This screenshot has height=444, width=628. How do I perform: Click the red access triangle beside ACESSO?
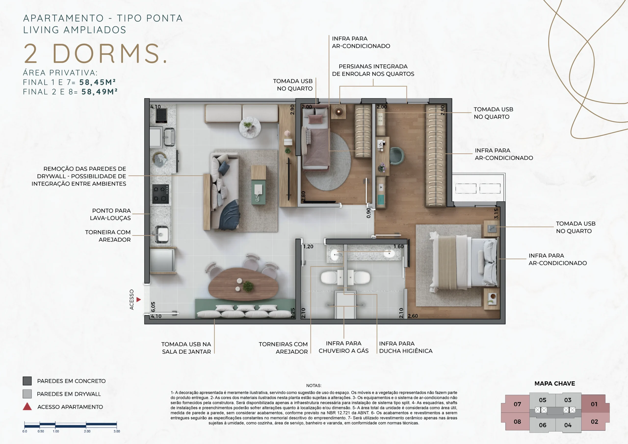point(139,300)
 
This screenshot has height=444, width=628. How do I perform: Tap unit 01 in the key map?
point(594,404)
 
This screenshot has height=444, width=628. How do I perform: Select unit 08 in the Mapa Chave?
point(517,422)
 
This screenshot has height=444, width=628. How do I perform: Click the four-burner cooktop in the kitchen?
point(160,194)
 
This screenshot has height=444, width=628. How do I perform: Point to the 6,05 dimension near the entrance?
point(153,307)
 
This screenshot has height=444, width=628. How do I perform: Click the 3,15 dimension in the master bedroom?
point(496,213)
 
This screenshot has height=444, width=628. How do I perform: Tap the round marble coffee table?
point(250,127)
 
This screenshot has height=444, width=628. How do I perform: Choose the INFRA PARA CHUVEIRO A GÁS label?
point(343,347)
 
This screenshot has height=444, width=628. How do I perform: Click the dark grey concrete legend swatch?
point(27,381)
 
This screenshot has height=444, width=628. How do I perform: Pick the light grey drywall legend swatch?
point(27,394)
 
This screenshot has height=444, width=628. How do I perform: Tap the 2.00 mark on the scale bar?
point(87,431)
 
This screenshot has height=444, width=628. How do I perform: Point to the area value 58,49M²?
point(100,92)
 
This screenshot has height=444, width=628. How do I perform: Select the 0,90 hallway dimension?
point(369,213)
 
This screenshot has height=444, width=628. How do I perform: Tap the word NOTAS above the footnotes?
point(314,385)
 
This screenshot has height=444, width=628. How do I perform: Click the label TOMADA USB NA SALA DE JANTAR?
point(186,348)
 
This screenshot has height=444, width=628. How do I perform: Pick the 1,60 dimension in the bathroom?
point(399,247)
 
